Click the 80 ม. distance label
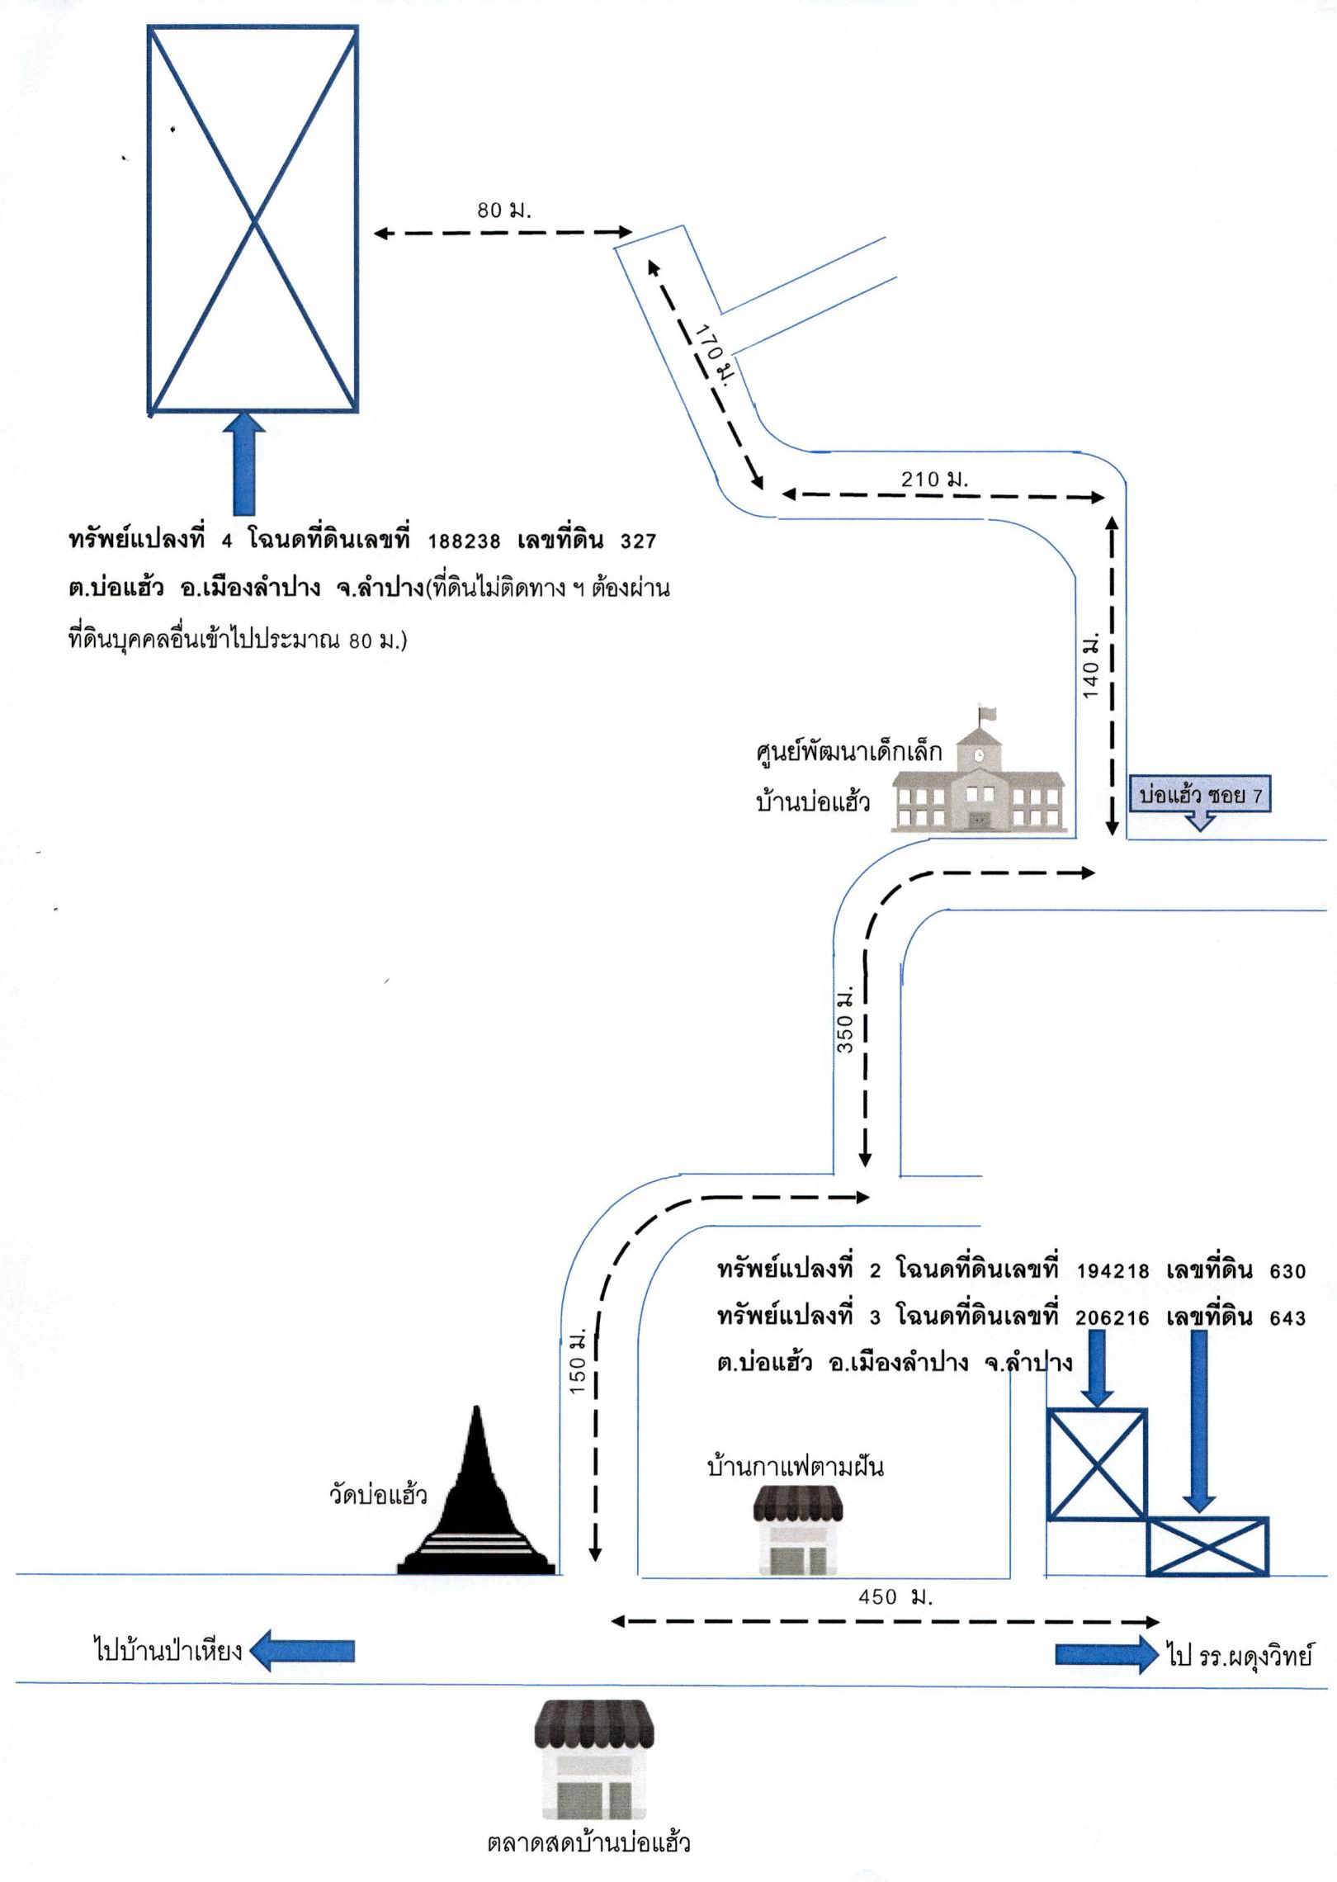point(504,210)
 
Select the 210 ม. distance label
point(934,478)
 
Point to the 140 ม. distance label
point(1091,666)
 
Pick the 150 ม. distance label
point(578,1361)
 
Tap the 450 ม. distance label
point(895,1596)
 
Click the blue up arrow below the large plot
point(244,465)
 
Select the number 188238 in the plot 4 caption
point(464,541)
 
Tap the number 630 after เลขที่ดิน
point(1287,1271)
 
